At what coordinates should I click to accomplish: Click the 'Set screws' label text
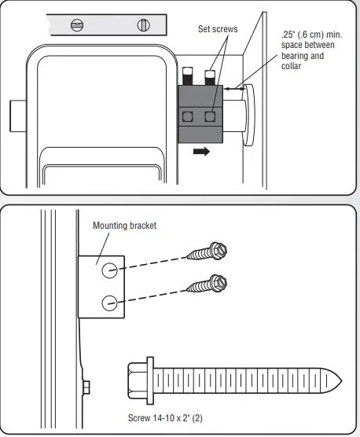click(218, 29)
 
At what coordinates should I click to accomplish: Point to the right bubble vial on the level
click(142, 24)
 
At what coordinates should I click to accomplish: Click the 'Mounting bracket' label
click(125, 226)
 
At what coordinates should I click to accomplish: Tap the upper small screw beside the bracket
click(209, 252)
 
